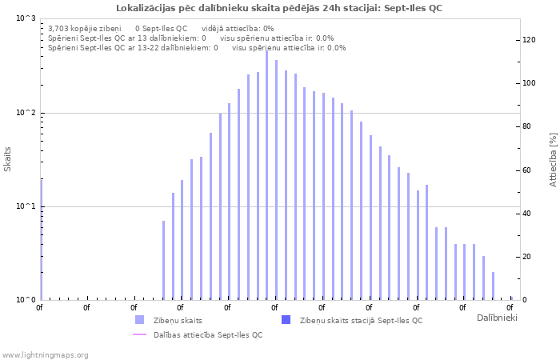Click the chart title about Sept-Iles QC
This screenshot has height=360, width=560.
pyautogui.click(x=278, y=8)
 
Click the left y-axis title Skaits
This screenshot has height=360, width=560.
pyautogui.click(x=8, y=159)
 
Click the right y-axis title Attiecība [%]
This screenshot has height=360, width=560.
pyautogui.click(x=553, y=160)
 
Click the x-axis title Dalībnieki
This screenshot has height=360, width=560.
pyautogui.click(x=497, y=318)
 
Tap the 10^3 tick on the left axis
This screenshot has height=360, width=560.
pyautogui.click(x=26, y=18)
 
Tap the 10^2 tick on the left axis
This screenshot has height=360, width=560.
pyautogui.click(x=26, y=113)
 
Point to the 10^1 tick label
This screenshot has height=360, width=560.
pyautogui.click(x=26, y=206)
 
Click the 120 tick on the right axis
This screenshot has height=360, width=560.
pyautogui.click(x=529, y=40)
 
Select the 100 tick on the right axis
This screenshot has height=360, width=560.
pyautogui.click(x=529, y=83)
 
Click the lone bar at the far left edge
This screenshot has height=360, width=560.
pyautogui.click(x=42, y=240)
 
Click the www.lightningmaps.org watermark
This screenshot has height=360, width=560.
pyautogui.click(x=46, y=354)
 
